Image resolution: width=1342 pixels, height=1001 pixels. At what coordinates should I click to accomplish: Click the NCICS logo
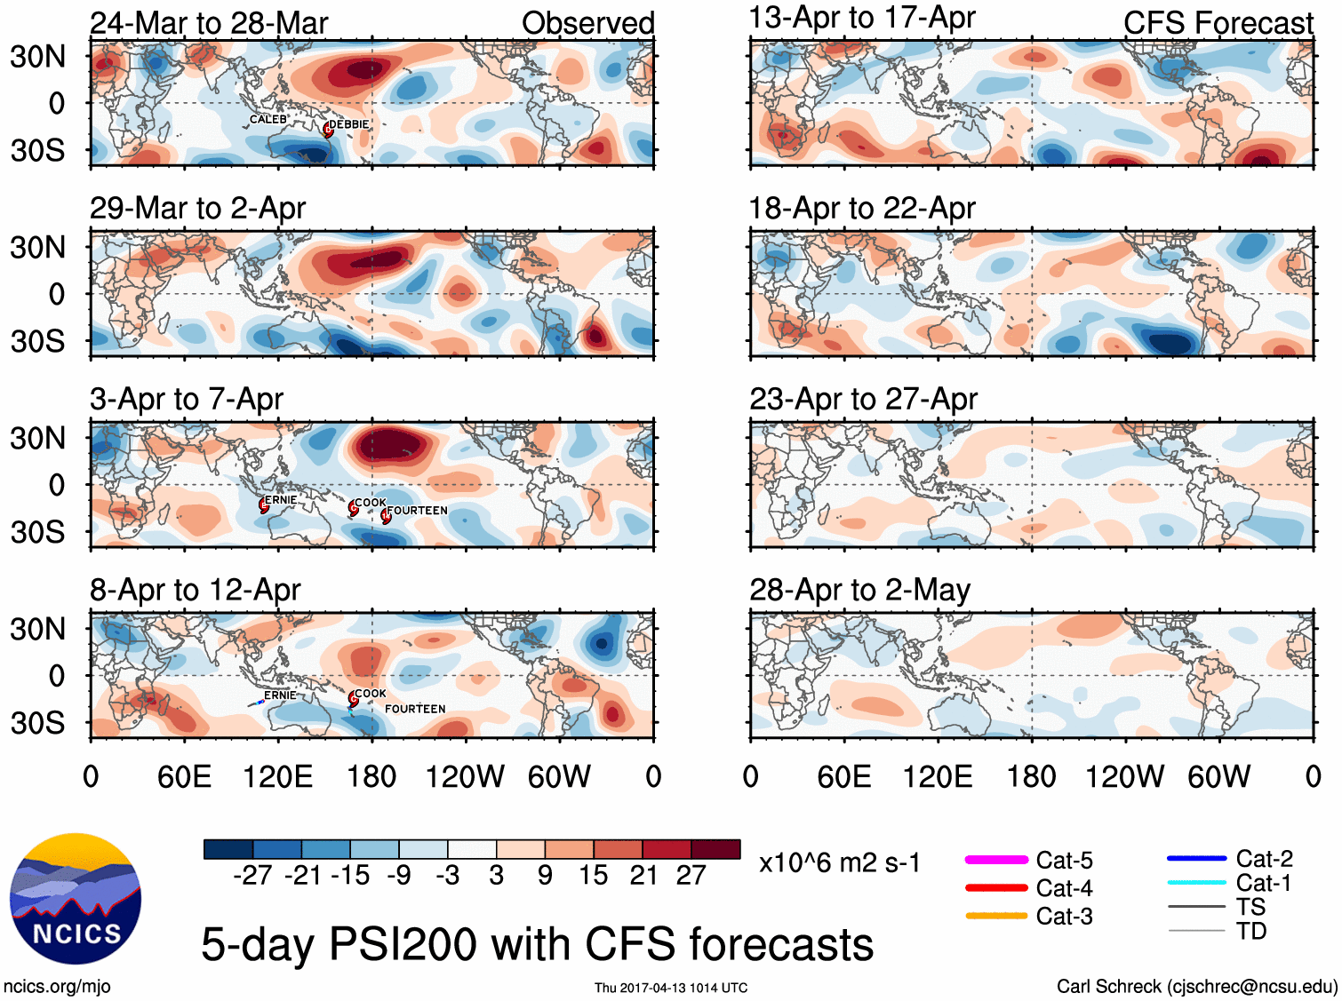[76, 899]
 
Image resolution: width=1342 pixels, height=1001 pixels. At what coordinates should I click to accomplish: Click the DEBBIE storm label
[349, 124]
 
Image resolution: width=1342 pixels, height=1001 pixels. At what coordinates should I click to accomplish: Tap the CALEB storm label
[268, 119]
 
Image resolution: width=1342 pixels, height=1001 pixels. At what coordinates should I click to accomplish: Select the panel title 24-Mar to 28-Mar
[209, 23]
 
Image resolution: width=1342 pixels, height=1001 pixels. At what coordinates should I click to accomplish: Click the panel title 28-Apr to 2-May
[859, 590]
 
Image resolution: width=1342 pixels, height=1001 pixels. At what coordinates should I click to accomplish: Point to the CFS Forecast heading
[1218, 23]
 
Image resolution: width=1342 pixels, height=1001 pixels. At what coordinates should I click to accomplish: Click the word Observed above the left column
[587, 23]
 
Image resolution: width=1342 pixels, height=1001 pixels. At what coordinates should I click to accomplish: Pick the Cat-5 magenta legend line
[996, 860]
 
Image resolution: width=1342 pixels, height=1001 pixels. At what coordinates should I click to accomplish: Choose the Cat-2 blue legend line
[1196, 858]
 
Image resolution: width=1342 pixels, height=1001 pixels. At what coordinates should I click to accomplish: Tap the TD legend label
[1250, 931]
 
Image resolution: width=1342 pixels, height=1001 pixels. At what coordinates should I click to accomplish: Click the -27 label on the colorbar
[252, 876]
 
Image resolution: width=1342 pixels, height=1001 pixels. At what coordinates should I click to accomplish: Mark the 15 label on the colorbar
[593, 876]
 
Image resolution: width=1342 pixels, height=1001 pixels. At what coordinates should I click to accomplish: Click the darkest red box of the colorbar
[715, 849]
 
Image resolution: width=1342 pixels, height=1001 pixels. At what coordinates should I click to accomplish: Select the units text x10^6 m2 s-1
[839, 862]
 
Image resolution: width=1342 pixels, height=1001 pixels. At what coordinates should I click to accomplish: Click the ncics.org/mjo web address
[57, 986]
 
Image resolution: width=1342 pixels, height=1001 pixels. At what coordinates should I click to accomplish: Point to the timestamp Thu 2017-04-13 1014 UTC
[671, 988]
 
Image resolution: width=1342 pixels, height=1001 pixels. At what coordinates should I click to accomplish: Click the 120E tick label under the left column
[277, 777]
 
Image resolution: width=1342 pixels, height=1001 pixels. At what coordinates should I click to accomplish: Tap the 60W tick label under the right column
[1218, 777]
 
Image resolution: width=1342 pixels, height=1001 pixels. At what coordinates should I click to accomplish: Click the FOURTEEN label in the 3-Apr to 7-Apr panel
[417, 511]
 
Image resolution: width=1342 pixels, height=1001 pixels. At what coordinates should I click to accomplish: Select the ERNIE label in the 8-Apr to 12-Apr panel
[280, 695]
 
